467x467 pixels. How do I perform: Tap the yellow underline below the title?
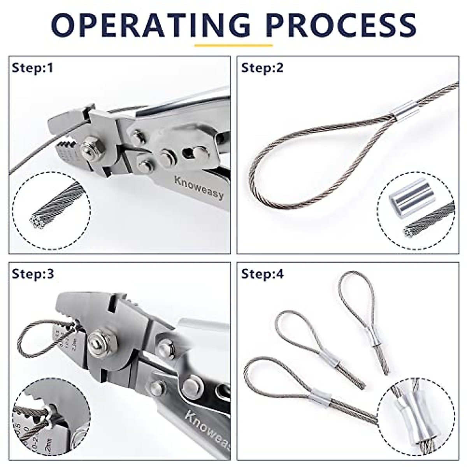coord(233,45)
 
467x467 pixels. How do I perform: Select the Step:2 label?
coord(262,68)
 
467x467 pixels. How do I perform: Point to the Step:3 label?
coord(33,274)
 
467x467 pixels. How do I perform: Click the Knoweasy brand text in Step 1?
coord(199,187)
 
